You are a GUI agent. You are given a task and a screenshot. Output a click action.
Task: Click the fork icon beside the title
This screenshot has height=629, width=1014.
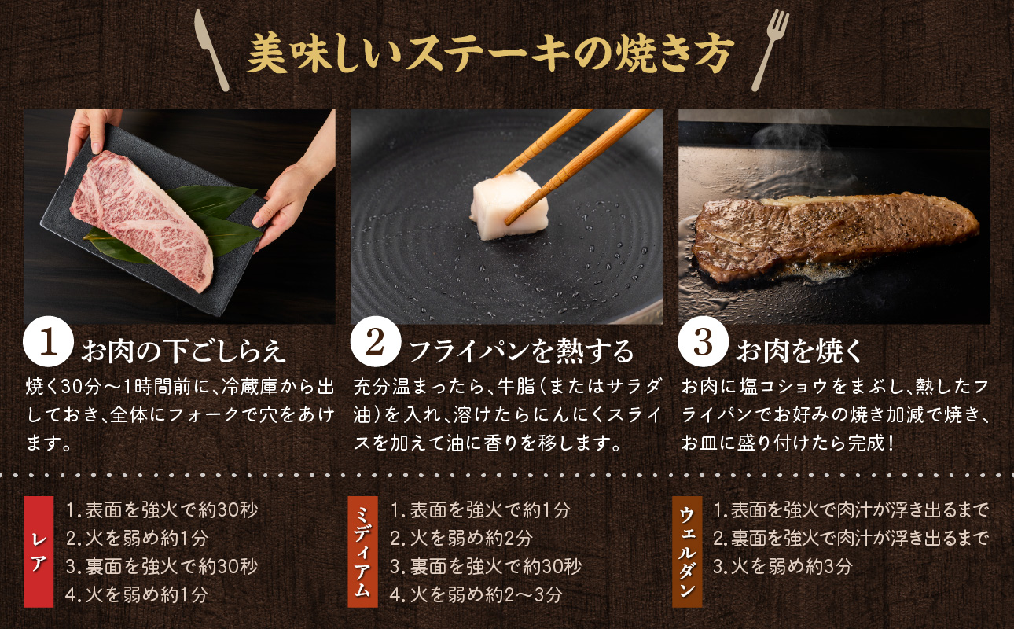coord(771,50)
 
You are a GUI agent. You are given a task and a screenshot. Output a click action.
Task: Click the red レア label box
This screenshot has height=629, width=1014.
coord(39,552)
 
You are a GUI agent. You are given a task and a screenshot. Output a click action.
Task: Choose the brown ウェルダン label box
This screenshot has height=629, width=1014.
coord(687,552)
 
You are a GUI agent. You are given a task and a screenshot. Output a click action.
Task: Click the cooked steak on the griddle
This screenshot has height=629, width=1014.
coord(833,231)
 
